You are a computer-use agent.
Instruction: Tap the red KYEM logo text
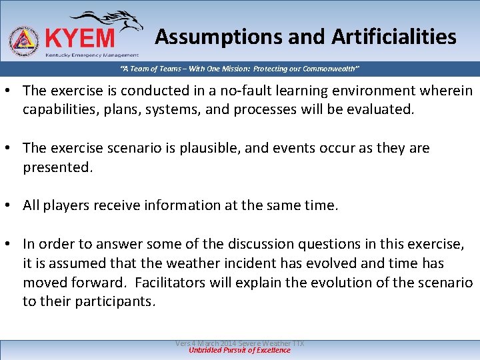coord(79,37)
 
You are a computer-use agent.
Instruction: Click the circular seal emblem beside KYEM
coord(23,41)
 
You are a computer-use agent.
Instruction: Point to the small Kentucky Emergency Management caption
coord(91,55)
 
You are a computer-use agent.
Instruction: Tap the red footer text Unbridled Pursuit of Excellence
coord(240,351)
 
